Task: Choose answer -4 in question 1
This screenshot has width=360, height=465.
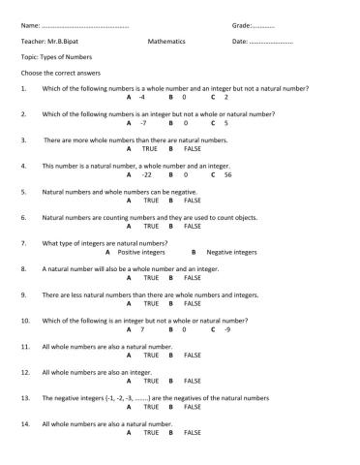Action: point(141,98)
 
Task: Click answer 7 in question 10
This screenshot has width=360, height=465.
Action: point(142,329)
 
